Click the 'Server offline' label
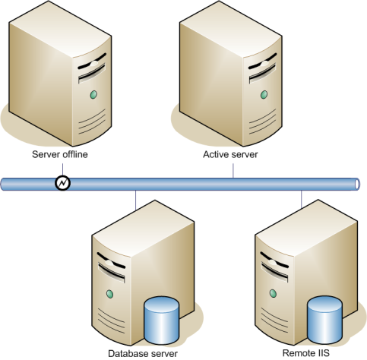(60, 154)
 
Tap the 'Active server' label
(230, 154)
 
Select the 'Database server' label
(143, 353)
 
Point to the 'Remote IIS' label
(306, 353)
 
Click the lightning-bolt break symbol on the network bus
(62, 183)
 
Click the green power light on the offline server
(93, 95)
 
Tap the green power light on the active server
(264, 95)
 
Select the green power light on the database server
(109, 294)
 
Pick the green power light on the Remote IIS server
(273, 293)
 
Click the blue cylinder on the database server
(161, 321)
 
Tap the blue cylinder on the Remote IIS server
(324, 320)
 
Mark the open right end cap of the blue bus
(357, 185)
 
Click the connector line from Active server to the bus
(233, 171)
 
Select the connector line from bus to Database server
(136, 201)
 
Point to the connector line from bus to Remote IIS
(302, 200)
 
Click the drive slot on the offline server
(92, 74)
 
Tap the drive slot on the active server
(262, 74)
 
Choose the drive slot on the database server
(112, 273)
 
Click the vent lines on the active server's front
(262, 122)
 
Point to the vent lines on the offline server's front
(92, 122)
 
